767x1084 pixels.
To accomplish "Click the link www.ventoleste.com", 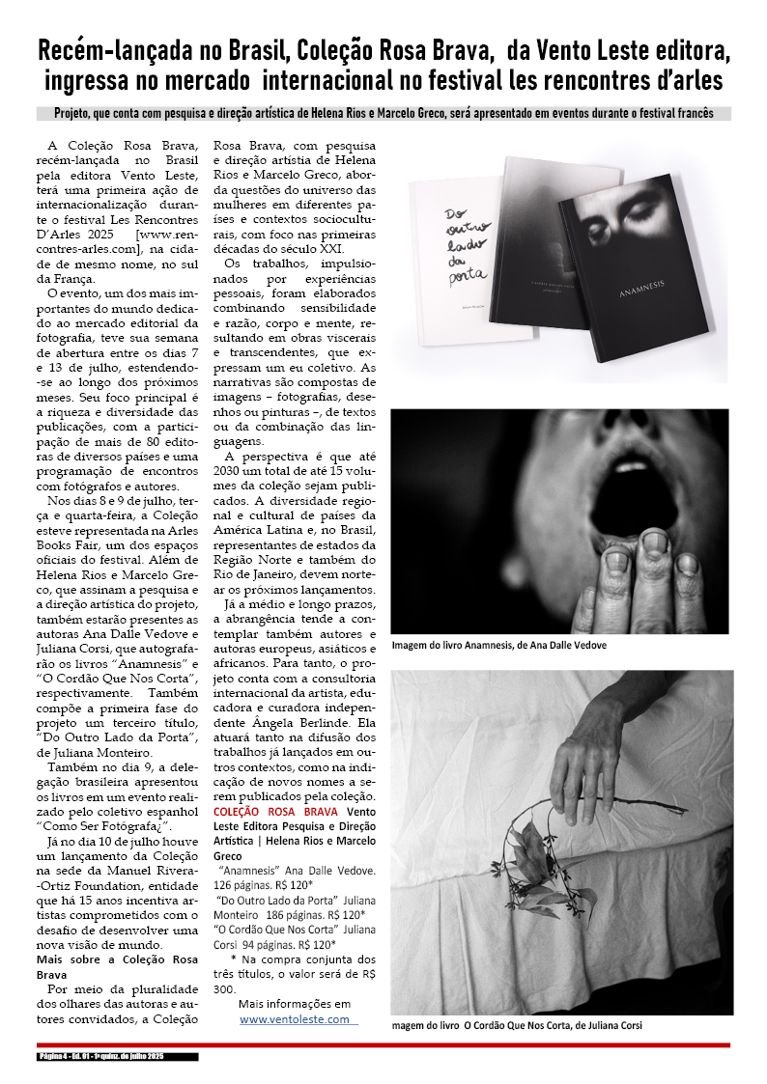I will tap(296, 1019).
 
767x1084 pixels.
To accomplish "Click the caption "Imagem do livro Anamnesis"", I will tap(498, 645).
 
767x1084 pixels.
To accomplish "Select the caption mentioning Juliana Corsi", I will tap(517, 1025).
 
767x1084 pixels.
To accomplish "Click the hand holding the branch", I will tap(585, 753).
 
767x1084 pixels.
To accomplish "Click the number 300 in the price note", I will tap(223, 988).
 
